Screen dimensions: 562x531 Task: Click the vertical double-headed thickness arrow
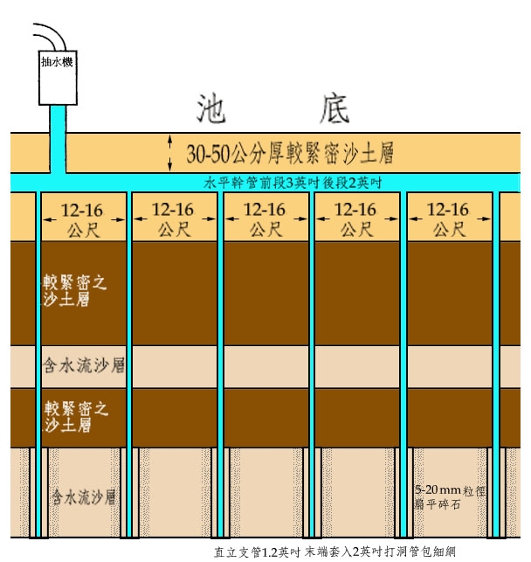tap(171, 154)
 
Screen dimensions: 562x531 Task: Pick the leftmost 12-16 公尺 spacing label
tap(84, 219)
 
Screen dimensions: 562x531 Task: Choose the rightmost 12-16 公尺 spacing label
tap(448, 219)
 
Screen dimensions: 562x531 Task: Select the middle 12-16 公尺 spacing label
tap(265, 219)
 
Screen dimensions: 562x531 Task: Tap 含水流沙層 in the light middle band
tap(82, 366)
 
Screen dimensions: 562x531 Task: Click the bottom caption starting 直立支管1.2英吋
tap(334, 552)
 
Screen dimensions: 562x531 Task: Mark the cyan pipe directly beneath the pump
tap(59, 140)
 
